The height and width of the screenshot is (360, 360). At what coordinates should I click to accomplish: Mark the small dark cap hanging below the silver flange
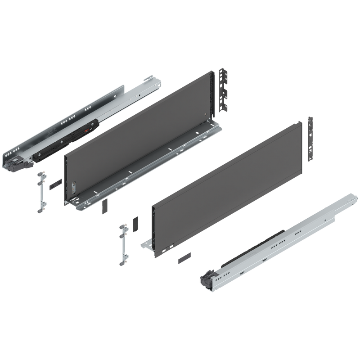coord(104,207)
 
